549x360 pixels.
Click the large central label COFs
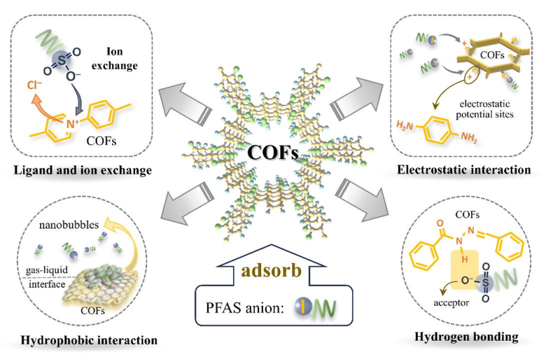[x=273, y=154]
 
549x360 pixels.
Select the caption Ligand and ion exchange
[x=82, y=170]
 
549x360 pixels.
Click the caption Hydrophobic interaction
[x=89, y=340]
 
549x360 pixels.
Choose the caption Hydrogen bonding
[x=467, y=338]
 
